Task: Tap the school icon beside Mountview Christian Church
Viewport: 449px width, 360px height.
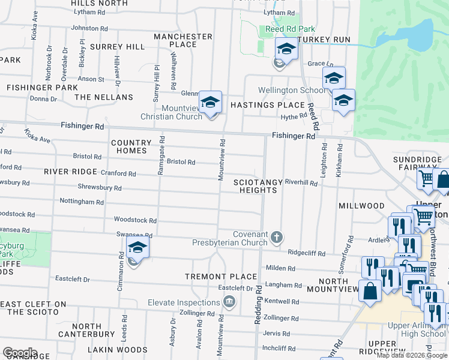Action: click(x=210, y=103)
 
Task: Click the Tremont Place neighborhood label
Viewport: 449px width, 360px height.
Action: click(x=212, y=277)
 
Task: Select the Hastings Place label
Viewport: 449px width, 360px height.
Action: click(x=268, y=104)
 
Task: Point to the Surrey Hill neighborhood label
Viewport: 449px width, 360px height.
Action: click(x=117, y=46)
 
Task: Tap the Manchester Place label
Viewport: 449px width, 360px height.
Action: click(x=183, y=40)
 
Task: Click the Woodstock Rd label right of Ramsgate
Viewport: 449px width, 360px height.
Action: click(x=135, y=220)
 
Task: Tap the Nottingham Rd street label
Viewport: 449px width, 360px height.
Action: click(x=82, y=202)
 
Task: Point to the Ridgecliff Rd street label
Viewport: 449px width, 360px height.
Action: click(x=306, y=253)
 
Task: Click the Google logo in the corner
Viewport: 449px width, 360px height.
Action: click(x=20, y=353)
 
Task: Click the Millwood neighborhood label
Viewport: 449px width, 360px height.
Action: click(x=361, y=206)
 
